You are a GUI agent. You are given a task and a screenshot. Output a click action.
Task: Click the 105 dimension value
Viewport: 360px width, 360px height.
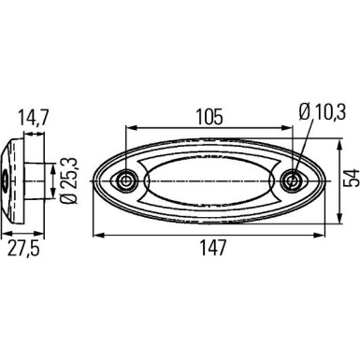click(209, 116)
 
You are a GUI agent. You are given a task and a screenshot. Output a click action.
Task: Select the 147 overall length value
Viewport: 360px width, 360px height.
click(212, 248)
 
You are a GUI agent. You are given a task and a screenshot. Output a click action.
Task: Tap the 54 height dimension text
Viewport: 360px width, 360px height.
click(350, 179)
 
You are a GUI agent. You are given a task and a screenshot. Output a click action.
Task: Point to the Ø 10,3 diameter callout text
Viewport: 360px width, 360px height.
click(323, 112)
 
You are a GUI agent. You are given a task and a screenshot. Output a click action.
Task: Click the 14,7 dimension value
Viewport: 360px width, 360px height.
click(33, 118)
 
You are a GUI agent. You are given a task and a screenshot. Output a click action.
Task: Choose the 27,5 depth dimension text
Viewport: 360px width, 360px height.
click(23, 249)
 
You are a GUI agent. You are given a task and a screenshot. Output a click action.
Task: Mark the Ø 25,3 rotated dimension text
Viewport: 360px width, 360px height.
click(69, 180)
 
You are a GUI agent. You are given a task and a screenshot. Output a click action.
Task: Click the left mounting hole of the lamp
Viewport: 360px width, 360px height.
click(126, 180)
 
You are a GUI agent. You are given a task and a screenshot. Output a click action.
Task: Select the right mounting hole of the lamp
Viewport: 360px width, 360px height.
click(292, 180)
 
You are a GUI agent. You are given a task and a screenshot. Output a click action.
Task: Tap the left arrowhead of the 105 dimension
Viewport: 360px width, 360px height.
click(130, 127)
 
